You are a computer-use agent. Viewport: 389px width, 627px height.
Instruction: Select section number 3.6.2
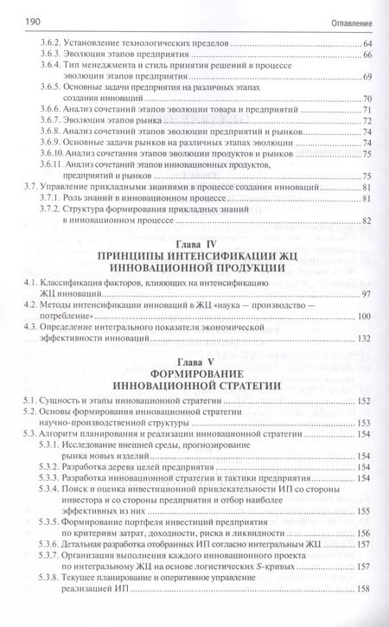(x=55, y=43)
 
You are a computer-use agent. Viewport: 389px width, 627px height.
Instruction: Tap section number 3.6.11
(x=57, y=164)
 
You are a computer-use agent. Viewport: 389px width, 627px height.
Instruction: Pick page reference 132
(x=364, y=337)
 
